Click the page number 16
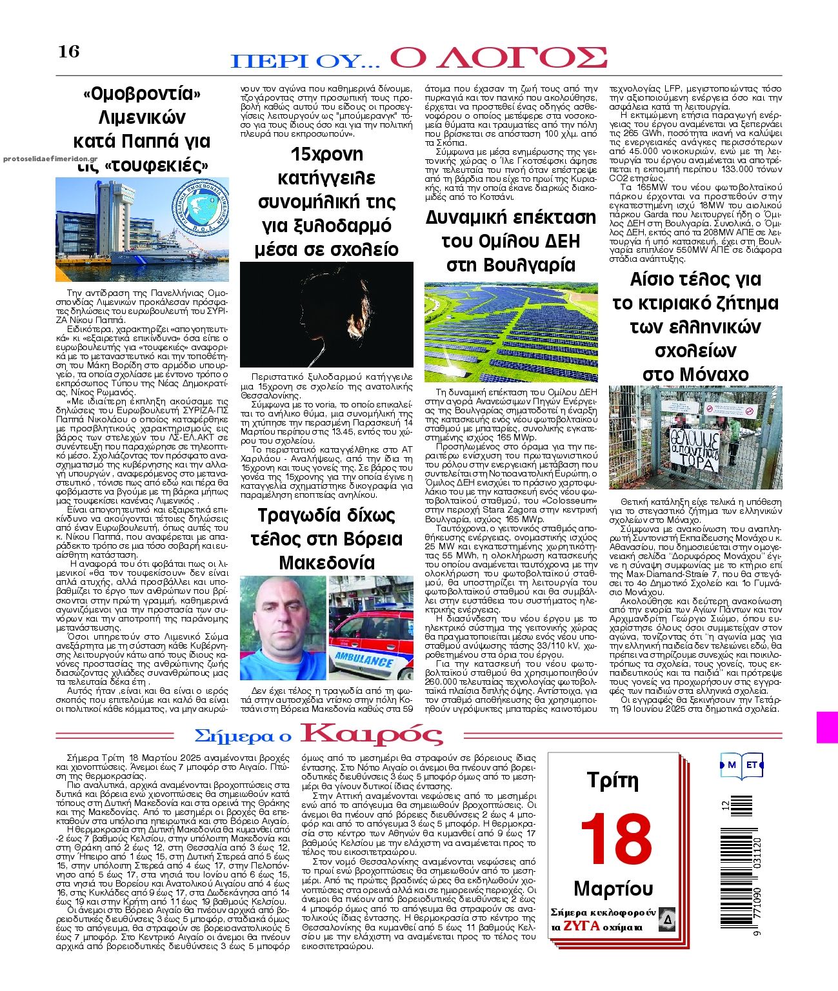pos(69,51)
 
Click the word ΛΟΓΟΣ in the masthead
pos(498,57)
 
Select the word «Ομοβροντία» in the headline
pos(142,94)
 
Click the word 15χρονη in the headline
pos(326,155)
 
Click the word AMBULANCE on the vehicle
pos(364,660)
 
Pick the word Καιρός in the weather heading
pos(372,734)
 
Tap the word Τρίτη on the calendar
pos(613,781)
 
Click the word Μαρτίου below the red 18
pos(614,888)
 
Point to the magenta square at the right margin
pos(827,727)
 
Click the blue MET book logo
pos(742,765)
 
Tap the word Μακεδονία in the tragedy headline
pos(326,563)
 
